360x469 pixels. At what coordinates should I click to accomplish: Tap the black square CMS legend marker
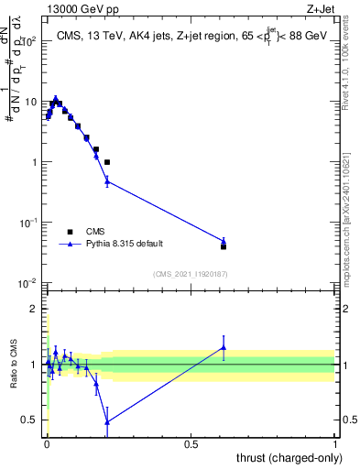tap(70, 232)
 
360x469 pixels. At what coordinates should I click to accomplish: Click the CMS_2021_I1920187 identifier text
tap(190, 274)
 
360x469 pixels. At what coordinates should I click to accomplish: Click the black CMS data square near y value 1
tap(107, 162)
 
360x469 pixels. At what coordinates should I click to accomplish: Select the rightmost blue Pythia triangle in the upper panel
tap(224, 241)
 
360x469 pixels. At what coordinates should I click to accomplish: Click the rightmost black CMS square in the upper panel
tap(224, 246)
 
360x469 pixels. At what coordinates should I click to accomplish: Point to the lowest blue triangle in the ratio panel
tap(107, 421)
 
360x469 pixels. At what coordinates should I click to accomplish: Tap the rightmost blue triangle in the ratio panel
tap(224, 347)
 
